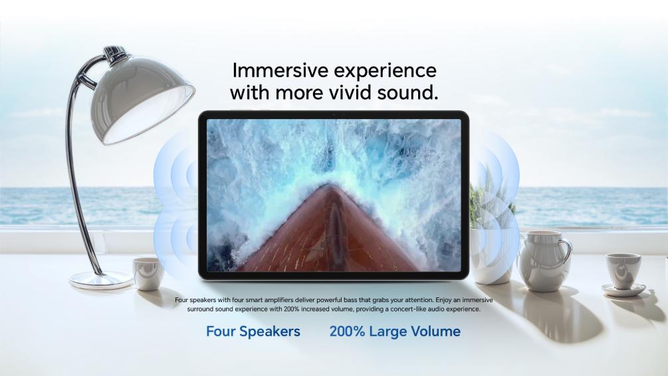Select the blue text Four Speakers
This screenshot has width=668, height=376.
[253, 331]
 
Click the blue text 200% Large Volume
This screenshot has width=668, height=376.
[395, 331]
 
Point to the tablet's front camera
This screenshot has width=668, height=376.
[334, 114]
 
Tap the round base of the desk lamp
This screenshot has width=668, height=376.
[101, 280]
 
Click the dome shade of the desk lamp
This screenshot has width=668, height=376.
[141, 98]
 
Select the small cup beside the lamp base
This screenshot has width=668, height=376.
[148, 274]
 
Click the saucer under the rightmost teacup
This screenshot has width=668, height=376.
[623, 290]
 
